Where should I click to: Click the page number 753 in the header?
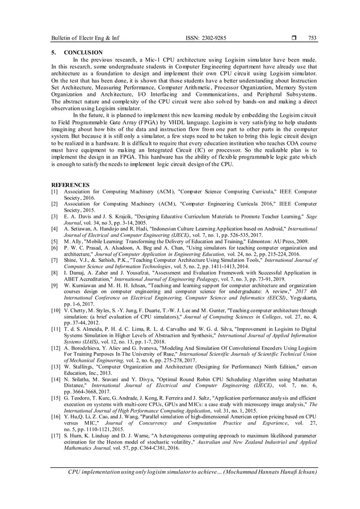[311, 38]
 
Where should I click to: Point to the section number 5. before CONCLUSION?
[54, 52]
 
